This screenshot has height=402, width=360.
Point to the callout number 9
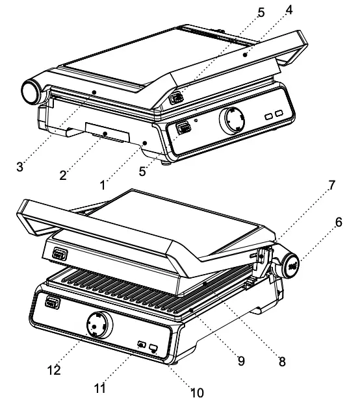click(240, 360)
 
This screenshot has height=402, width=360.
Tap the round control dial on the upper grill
click(233, 120)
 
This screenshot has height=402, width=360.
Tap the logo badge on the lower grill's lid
click(59, 255)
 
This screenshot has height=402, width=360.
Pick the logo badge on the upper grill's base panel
click(183, 127)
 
